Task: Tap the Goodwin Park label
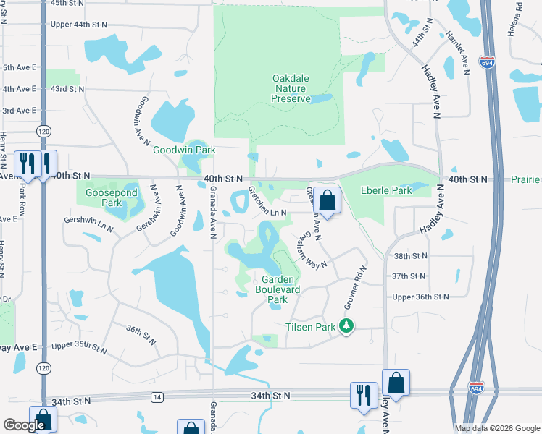click(x=184, y=150)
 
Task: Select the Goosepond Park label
click(x=103, y=197)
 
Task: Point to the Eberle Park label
click(x=386, y=191)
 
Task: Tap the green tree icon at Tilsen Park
click(x=348, y=327)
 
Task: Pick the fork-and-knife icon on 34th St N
click(x=364, y=396)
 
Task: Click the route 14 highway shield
click(x=157, y=396)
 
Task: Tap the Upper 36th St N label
click(x=420, y=297)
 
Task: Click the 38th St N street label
click(x=410, y=256)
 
